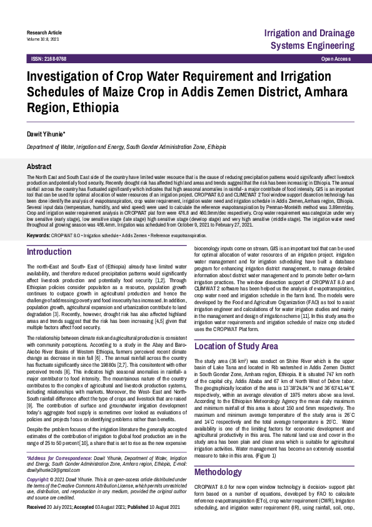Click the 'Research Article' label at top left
(44, 32)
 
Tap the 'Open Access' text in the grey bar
(336, 58)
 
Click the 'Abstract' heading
(39, 167)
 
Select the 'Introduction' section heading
(49, 252)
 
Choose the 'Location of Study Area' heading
(236, 346)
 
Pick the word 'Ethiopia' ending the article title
(96, 107)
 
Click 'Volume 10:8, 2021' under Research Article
(43, 39)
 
